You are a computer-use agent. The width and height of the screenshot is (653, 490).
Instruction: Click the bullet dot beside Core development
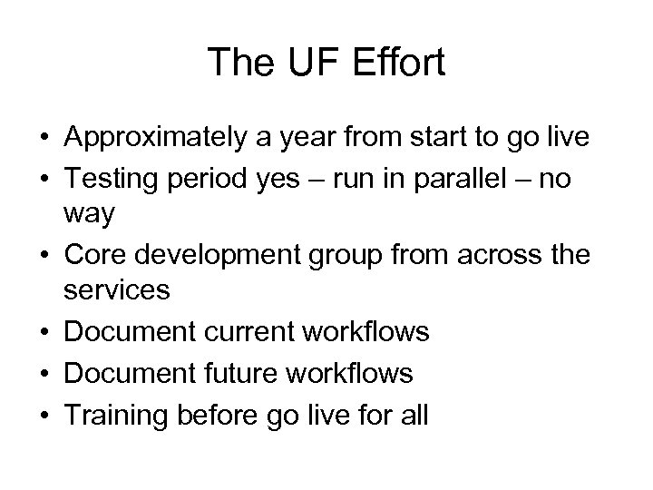[44, 257]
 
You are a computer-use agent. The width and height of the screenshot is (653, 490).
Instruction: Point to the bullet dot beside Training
[44, 413]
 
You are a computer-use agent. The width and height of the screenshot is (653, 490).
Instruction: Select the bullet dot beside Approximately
[44, 140]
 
